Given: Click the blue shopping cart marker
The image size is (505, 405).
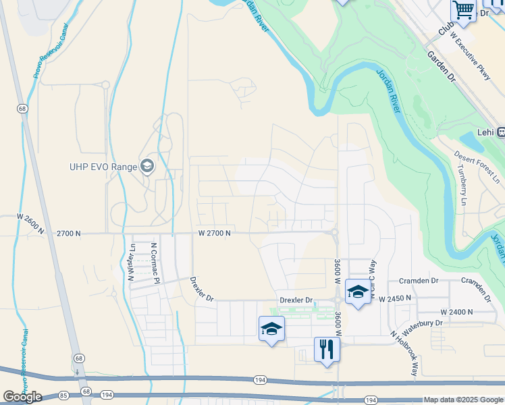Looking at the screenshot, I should pyautogui.click(x=463, y=9).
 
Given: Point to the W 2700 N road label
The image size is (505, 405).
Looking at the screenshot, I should pyautogui.click(x=215, y=233).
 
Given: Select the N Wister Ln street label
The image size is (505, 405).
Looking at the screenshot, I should pyautogui.click(x=132, y=262).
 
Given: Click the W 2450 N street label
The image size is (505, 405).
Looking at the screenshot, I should pyautogui.click(x=394, y=298).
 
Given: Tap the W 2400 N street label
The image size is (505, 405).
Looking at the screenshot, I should pyautogui.click(x=456, y=312).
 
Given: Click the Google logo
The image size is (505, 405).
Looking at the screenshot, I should pyautogui.click(x=22, y=397).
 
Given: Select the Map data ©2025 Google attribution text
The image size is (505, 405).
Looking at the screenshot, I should pyautogui.click(x=463, y=400).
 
